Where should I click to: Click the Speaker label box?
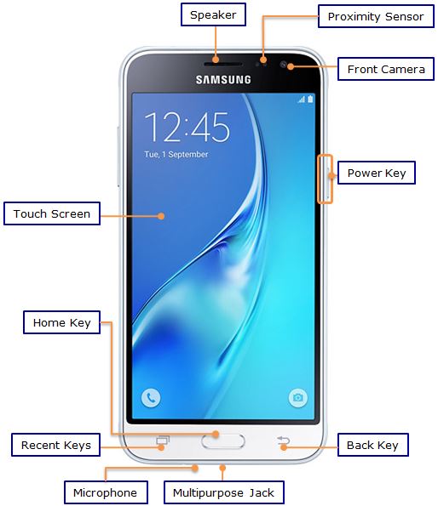213,14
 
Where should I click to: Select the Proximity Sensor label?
376,16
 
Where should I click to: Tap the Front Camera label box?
386,69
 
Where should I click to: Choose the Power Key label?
377,173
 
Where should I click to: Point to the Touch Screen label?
52,213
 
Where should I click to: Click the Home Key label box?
61,322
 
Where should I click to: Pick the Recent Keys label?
56,445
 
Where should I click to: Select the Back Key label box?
372,445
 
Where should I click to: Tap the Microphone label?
106,492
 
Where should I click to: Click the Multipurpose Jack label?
224,492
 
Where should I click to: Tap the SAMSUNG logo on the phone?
223,80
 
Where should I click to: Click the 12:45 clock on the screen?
187,127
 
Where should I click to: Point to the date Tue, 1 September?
176,154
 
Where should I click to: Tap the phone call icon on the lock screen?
151,398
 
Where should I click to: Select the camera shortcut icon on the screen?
297,398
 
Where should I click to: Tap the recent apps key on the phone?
163,441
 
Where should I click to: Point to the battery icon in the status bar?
310,99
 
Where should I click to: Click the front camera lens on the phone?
284,65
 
